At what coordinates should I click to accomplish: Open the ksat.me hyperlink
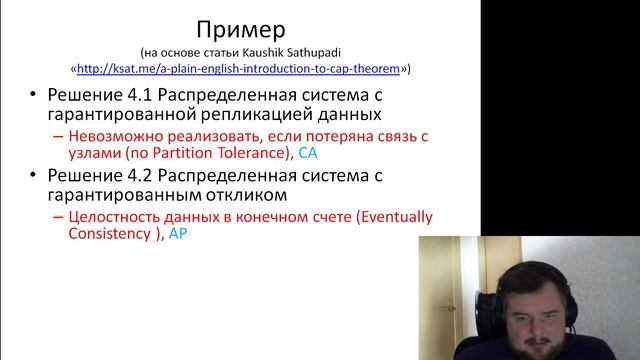pos(241,69)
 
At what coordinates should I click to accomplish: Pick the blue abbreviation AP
pos(178,234)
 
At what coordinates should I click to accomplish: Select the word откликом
pos(250,195)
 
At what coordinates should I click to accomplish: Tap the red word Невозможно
pos(108,135)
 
